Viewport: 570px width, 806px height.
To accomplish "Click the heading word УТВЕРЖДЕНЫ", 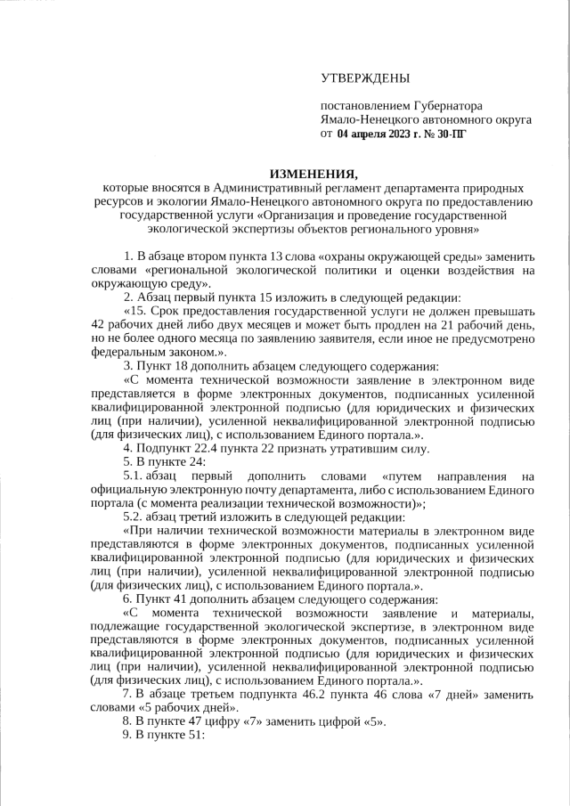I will pos(365,78).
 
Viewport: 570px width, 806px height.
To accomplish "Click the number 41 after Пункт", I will pos(174,598).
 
